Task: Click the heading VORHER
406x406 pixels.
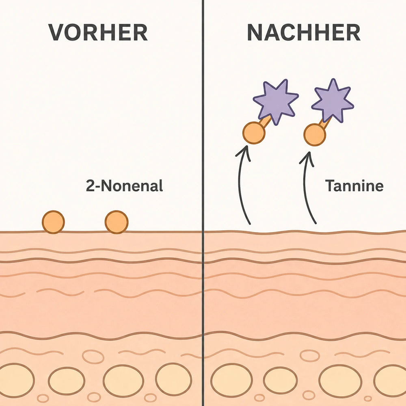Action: (x=98, y=32)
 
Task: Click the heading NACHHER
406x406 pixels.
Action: (x=304, y=32)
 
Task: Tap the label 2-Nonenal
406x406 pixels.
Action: (x=124, y=186)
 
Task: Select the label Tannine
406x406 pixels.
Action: (x=354, y=186)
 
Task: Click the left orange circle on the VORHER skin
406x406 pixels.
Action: (x=53, y=222)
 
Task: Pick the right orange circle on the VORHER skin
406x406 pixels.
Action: (x=117, y=222)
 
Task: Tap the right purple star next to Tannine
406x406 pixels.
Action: (x=333, y=100)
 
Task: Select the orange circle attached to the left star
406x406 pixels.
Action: (x=254, y=133)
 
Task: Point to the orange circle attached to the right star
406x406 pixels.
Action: (x=315, y=135)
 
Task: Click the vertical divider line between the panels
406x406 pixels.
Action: (x=203, y=203)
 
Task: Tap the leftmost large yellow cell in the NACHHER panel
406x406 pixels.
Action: (x=231, y=380)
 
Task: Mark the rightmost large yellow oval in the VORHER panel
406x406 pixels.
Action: (x=173, y=379)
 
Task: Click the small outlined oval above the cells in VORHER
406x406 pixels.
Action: (x=93, y=356)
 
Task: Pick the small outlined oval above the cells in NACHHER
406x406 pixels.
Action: (x=310, y=356)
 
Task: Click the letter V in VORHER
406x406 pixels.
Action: (x=58, y=32)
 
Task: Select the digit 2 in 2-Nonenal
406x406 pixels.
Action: (x=91, y=186)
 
